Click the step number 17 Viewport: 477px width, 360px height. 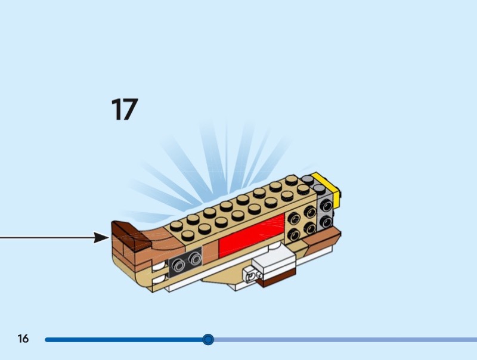click(124, 110)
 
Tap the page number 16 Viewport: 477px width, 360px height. click(23, 339)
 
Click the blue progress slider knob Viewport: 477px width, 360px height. click(208, 340)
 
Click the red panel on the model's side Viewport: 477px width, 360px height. click(251, 237)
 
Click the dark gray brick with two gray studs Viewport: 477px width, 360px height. click(186, 260)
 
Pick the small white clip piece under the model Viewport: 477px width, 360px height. click(250, 275)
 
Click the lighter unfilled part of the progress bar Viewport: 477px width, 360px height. click(346, 340)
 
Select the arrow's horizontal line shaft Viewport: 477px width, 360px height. click(48, 238)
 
